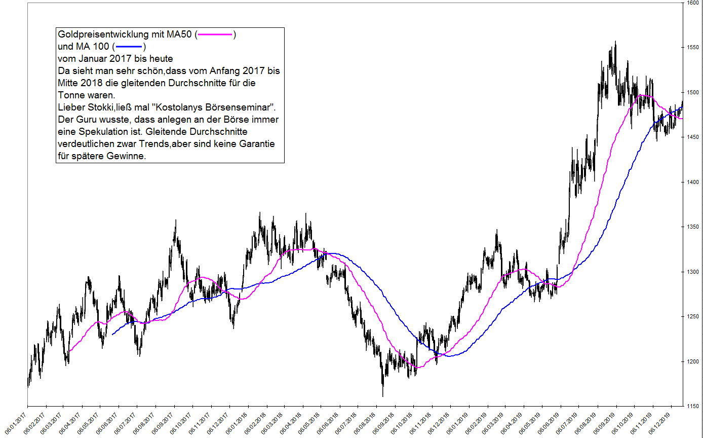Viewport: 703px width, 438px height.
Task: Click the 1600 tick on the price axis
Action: [x=692, y=3]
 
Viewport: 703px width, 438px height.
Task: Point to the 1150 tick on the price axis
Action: [x=692, y=406]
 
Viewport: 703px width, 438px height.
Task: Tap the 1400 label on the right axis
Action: [x=692, y=182]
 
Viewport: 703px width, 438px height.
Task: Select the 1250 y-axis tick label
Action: [x=692, y=316]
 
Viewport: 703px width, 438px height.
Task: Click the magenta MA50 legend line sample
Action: [x=215, y=35]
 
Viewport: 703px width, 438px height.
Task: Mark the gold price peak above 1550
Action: [x=615, y=42]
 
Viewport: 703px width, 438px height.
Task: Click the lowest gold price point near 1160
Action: [x=383, y=396]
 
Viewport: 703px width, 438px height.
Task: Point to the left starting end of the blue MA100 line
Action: [x=112, y=335]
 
